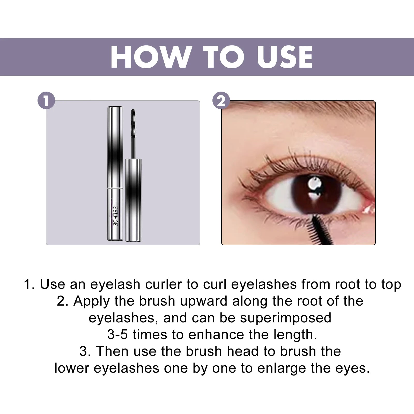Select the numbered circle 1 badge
coord(46,100)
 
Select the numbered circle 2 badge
coord(221,100)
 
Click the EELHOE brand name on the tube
coord(115,216)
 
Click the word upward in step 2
coord(204,301)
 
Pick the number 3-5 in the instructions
coord(117,335)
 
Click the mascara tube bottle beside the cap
coord(134,201)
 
